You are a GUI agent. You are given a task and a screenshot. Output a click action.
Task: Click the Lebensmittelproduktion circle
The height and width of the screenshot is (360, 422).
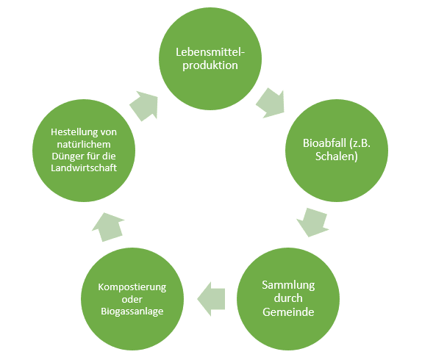tap(210, 59)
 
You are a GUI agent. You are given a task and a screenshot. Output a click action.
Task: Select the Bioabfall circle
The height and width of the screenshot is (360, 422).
tap(337, 151)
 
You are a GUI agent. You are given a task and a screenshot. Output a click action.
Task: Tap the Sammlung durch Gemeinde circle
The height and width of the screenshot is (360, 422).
tap(288, 299)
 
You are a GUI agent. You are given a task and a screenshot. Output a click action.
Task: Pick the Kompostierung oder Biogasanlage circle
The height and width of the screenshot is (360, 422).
tap(132, 299)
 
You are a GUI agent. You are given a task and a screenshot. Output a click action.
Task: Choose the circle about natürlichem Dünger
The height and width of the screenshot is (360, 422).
tap(84, 151)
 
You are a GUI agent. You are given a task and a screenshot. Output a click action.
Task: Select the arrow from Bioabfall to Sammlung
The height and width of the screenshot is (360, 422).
tap(313, 222)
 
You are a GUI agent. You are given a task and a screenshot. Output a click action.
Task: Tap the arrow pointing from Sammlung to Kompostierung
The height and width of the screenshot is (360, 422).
tap(211, 299)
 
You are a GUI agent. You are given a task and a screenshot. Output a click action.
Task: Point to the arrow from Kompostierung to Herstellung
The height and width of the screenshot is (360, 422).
tap(107, 227)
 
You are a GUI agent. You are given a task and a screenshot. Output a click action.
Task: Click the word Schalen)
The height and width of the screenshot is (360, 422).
tap(337, 156)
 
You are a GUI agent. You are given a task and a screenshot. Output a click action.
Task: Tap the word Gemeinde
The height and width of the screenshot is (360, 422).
tap(288, 312)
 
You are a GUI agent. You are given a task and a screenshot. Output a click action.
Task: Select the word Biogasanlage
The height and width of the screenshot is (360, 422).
tap(132, 311)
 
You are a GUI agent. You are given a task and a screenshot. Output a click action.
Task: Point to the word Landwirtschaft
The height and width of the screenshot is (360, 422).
tap(84, 168)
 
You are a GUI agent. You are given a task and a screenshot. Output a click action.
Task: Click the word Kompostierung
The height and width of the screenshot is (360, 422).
tap(132, 287)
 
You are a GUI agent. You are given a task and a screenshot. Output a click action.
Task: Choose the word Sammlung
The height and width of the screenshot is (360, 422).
tap(288, 285)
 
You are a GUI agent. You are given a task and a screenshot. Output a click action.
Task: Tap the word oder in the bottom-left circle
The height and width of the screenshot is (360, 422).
tap(132, 299)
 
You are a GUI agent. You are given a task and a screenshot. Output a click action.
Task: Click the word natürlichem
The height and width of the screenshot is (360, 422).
tap(84, 145)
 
